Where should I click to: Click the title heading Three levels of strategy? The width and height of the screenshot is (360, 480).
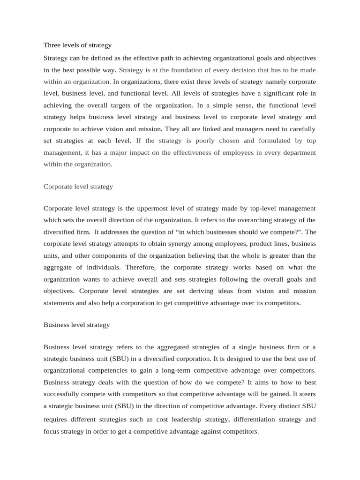coord(77,45)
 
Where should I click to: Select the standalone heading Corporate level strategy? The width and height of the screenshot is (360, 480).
coord(78,187)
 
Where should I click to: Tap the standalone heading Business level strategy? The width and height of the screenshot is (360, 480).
coord(76,325)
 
